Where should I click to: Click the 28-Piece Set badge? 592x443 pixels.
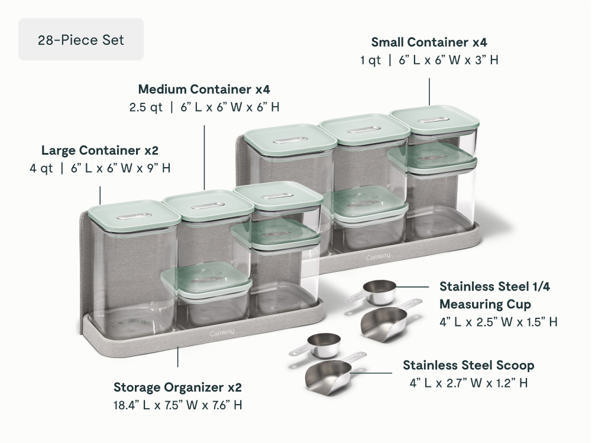[81, 39]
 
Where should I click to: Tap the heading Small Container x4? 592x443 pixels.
[429, 42]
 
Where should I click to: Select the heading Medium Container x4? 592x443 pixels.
[204, 89]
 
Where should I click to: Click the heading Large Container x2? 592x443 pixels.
[100, 151]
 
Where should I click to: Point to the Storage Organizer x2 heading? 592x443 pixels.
[177, 387]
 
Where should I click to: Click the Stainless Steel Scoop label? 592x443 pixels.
[468, 365]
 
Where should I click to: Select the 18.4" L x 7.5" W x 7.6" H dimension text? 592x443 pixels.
[177, 405]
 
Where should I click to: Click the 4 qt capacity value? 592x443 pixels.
[41, 168]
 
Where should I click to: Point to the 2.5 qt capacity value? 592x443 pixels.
[145, 107]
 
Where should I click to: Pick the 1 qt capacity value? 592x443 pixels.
[370, 60]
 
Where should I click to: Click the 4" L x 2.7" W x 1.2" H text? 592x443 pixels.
[468, 383]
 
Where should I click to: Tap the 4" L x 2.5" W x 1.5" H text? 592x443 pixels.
[499, 322]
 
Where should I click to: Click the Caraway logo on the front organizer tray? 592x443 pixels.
[222, 333]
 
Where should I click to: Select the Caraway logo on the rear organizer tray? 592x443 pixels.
[379, 257]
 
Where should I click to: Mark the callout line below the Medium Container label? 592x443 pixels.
[204, 158]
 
